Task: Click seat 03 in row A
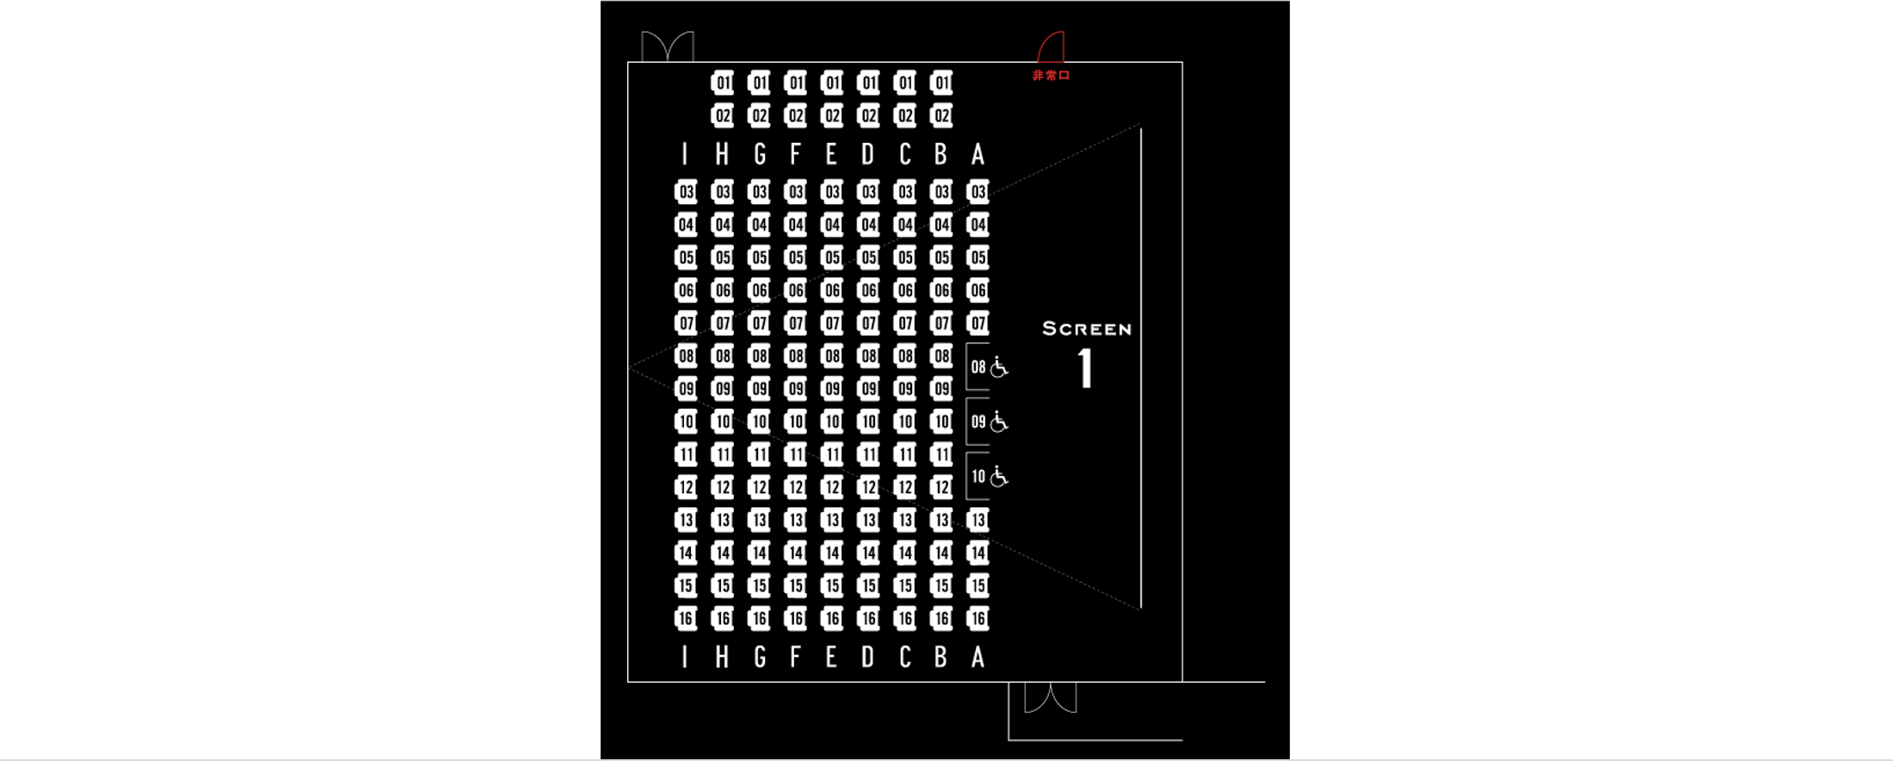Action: coord(978,191)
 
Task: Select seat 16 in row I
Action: coord(686,618)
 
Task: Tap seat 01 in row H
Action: coord(723,83)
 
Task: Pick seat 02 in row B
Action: coord(942,115)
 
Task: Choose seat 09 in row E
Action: coord(832,388)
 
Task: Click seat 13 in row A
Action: coord(978,520)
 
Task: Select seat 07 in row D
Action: coord(869,323)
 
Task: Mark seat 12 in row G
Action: coord(759,487)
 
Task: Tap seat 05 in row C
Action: coord(905,257)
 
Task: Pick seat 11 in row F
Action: coord(796,455)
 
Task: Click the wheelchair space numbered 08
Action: coord(988,368)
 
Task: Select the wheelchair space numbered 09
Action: coord(988,422)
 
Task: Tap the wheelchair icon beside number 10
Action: coord(999,476)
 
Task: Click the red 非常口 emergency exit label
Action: coord(1051,76)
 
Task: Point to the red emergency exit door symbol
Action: coord(1051,46)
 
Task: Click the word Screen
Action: coord(1087,329)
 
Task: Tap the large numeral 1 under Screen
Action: coord(1086,368)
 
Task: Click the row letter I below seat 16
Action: coord(685,658)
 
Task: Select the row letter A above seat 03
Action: coord(978,154)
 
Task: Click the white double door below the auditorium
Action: coord(1051,698)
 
